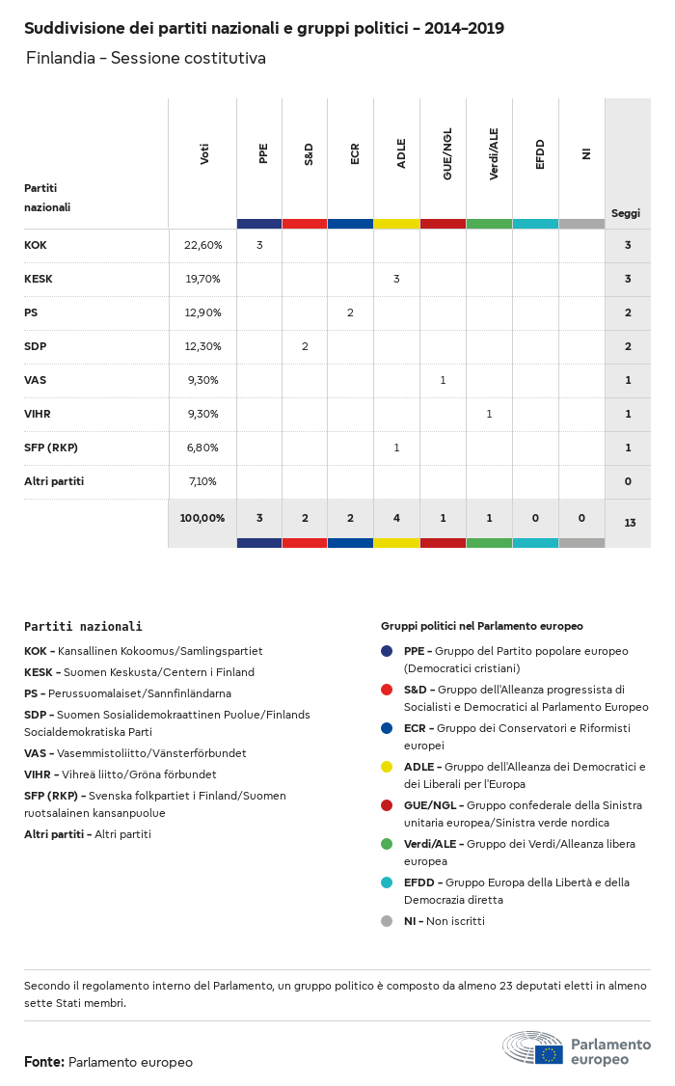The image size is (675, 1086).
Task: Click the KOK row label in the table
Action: [x=36, y=245]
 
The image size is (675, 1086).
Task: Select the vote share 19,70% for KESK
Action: [x=202, y=279]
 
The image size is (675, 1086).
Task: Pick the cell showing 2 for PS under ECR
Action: [x=350, y=312]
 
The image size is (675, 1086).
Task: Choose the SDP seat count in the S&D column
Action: [x=305, y=346]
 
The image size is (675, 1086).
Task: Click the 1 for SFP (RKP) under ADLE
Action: [x=396, y=448]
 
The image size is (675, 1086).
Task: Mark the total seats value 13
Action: [x=629, y=523]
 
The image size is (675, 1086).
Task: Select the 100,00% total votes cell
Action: [x=202, y=518]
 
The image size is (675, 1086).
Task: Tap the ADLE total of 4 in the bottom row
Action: [x=396, y=518]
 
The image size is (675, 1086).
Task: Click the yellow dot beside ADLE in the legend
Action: [x=387, y=767]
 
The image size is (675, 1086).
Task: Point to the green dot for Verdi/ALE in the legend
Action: [x=387, y=844]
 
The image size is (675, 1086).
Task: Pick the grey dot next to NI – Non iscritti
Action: [x=387, y=921]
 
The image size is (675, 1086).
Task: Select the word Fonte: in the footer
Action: [x=44, y=1062]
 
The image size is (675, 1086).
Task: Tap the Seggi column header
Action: [x=626, y=213]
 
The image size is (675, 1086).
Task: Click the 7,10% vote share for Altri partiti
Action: [x=202, y=481]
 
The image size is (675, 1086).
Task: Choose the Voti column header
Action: [x=204, y=153]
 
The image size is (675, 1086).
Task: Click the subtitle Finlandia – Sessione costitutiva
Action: [x=146, y=58]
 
